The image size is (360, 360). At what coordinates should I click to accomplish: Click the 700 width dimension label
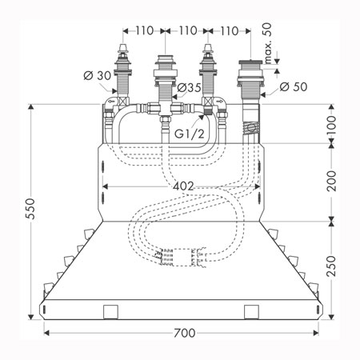click(x=185, y=333)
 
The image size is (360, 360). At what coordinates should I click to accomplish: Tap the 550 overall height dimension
click(x=30, y=209)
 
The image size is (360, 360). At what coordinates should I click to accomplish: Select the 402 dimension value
click(x=183, y=186)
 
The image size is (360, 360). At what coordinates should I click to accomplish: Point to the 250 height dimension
click(x=331, y=266)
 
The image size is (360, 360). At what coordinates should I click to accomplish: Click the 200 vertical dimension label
click(x=331, y=181)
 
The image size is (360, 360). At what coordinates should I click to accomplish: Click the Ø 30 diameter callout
click(x=98, y=76)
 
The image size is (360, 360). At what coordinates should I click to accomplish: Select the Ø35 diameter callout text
click(x=189, y=87)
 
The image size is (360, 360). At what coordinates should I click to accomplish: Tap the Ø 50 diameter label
click(x=294, y=86)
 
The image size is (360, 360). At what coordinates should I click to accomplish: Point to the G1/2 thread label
click(x=190, y=134)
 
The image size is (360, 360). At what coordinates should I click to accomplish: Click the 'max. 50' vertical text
click(x=267, y=43)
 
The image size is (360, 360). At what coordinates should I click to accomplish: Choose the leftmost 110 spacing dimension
click(x=145, y=30)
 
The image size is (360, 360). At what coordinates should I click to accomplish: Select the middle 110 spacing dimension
click(x=188, y=30)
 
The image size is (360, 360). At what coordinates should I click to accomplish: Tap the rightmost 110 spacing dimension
click(x=230, y=31)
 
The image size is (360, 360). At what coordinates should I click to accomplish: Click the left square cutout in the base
click(x=110, y=312)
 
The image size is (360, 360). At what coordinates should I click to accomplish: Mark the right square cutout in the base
click(x=252, y=312)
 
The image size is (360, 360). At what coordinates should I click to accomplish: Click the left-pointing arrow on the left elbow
click(x=111, y=102)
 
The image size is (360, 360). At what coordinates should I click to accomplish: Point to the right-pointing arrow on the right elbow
click(x=219, y=102)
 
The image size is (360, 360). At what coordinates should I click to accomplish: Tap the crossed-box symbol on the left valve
click(x=122, y=102)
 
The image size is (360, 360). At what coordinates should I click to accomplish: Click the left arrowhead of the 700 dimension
click(x=46, y=333)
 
